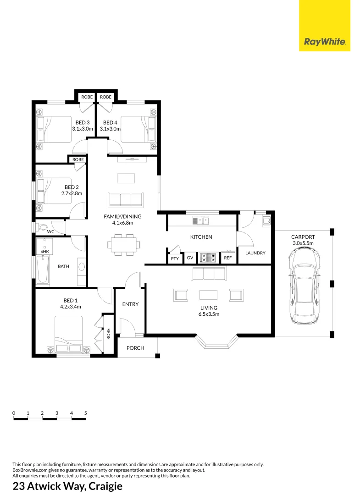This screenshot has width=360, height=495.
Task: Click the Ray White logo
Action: [325, 43]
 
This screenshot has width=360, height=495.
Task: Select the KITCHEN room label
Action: [201, 237]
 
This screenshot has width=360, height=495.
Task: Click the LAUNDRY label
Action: [255, 253]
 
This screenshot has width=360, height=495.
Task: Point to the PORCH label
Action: [135, 348]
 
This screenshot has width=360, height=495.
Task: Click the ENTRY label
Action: [130, 304]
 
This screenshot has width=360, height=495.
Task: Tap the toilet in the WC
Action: [42, 227]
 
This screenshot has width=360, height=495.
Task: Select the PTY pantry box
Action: [175, 259]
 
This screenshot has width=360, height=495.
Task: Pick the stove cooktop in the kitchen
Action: [209, 258]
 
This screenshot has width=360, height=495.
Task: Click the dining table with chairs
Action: [123, 244]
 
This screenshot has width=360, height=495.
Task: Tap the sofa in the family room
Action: [125, 200]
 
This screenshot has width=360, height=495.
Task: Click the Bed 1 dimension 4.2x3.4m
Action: [71, 307]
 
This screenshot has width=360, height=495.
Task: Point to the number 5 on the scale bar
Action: [86, 413]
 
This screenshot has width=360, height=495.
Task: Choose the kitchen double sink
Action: [201, 221]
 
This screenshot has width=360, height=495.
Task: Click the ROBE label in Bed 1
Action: [109, 333]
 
